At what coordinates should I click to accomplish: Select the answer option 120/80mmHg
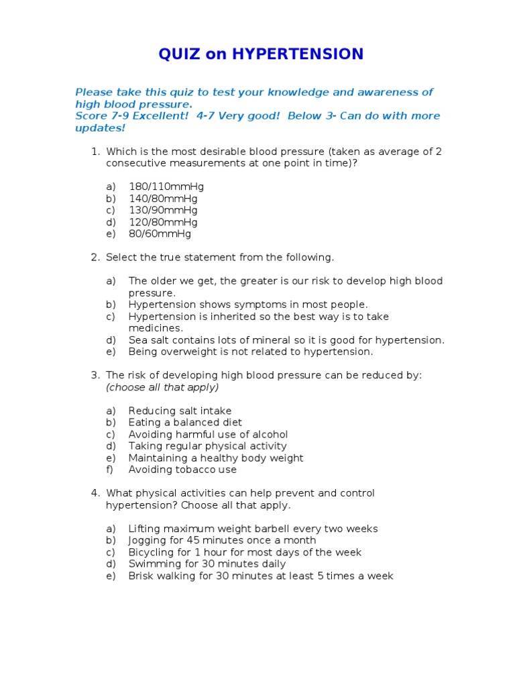coord(163,222)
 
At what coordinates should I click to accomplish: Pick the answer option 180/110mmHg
coord(166,187)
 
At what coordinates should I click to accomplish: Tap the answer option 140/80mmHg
coord(163,199)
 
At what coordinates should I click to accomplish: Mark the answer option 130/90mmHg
coord(163,211)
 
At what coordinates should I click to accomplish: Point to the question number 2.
coord(95,258)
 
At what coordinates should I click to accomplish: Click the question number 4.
coord(95,493)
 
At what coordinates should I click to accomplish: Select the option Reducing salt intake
coord(180,411)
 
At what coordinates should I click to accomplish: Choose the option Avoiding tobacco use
coord(182,470)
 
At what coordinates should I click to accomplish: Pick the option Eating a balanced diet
coord(184,423)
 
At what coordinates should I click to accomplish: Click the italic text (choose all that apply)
coord(162,387)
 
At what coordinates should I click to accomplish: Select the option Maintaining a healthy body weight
coord(216,458)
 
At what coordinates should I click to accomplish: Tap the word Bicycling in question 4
coord(151,552)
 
